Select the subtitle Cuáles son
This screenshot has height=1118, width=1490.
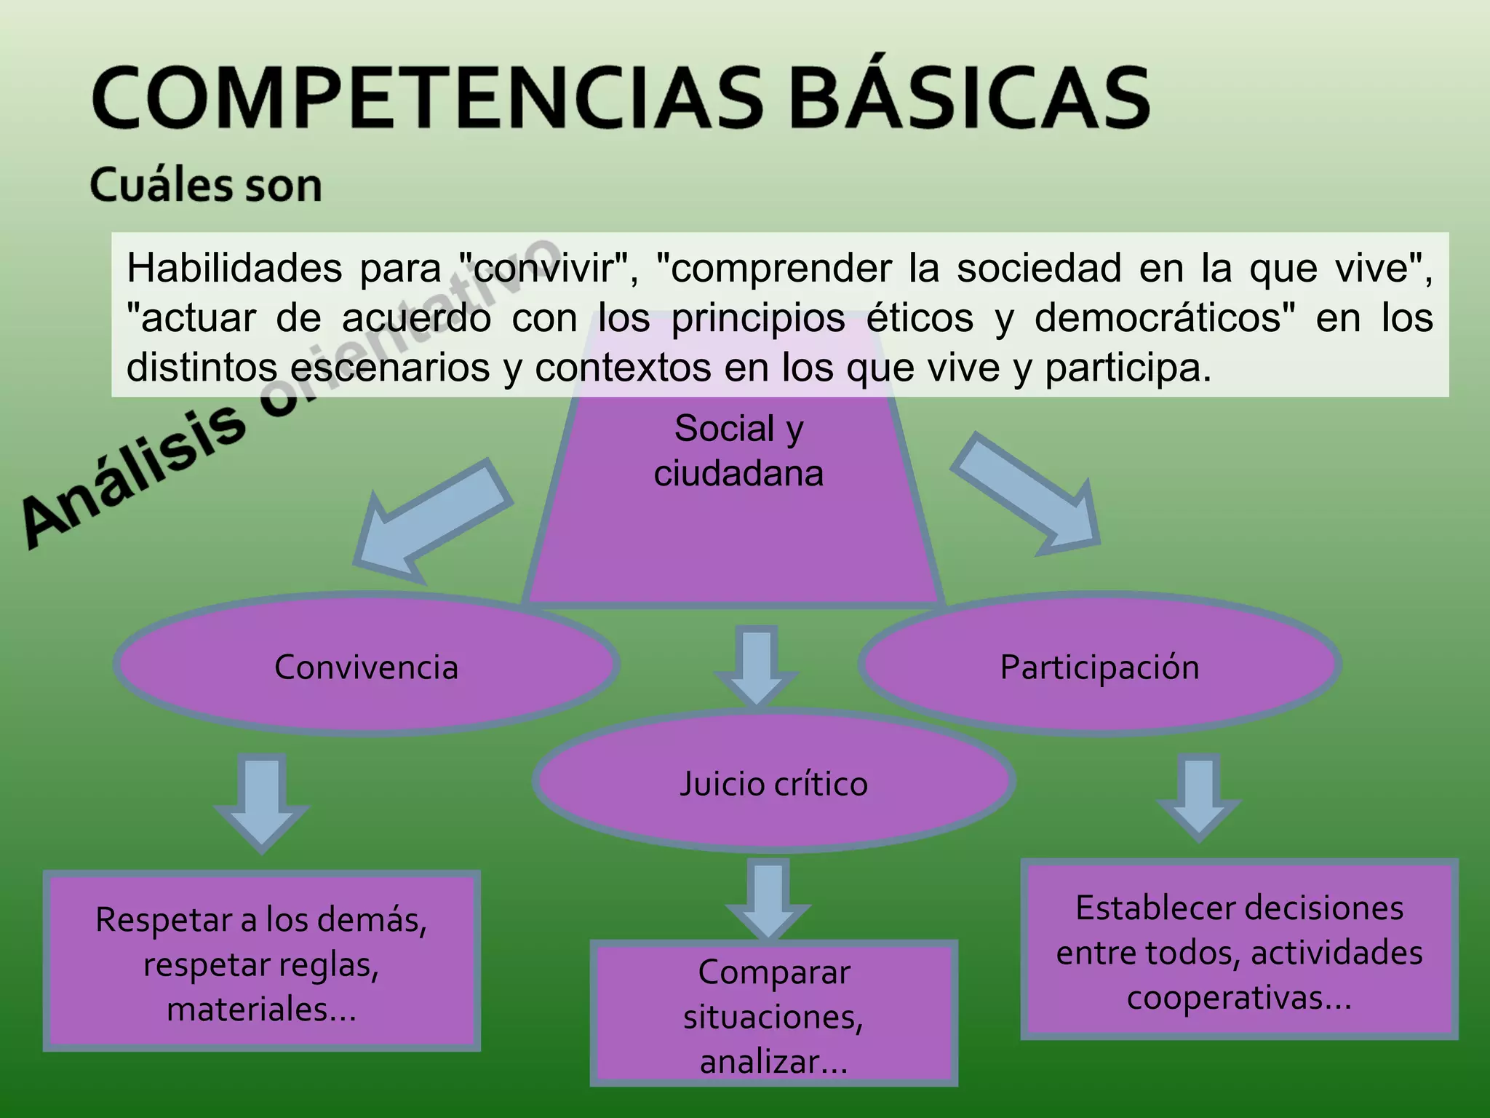206,186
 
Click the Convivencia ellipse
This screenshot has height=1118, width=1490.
366,666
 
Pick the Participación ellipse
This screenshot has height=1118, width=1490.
1099,666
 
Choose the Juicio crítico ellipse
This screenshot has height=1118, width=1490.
773,783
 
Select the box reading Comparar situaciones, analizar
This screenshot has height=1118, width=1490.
773,1015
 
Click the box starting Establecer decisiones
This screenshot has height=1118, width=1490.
1239,951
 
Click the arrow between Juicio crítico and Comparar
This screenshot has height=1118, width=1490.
768,900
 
